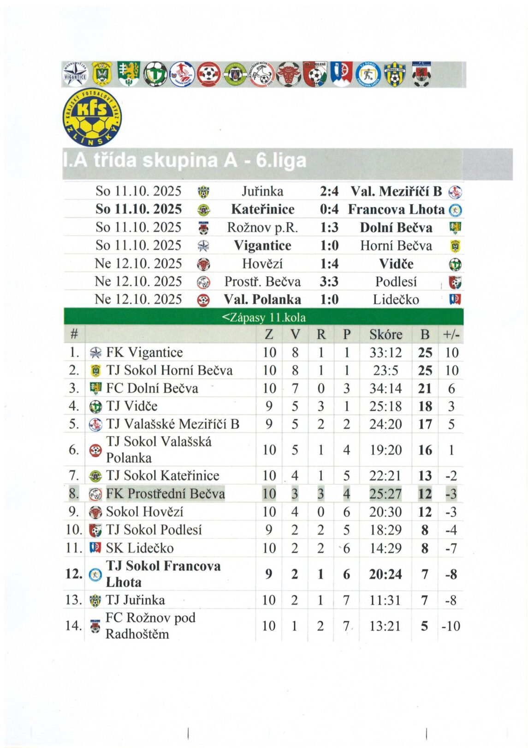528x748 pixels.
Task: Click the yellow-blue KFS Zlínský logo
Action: (x=92, y=117)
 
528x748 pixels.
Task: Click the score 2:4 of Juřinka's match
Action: (x=329, y=191)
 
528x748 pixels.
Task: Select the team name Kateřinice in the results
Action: (x=262, y=209)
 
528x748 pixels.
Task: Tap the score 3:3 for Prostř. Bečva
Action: (x=329, y=282)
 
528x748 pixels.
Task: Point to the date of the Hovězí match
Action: (x=138, y=264)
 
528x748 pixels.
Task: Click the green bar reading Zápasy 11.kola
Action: (x=263, y=317)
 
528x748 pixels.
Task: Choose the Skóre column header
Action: (x=386, y=334)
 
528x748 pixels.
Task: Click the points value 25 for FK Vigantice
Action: (x=425, y=353)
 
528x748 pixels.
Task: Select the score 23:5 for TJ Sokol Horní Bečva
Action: (x=385, y=371)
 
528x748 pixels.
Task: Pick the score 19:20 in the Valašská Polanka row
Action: (x=385, y=450)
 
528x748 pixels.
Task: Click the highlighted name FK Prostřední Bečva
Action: (x=165, y=494)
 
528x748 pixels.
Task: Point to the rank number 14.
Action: (x=74, y=626)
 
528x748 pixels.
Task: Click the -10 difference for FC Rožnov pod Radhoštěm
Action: (x=451, y=626)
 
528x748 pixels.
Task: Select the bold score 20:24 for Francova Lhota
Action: (x=385, y=574)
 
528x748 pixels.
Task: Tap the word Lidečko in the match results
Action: (x=396, y=300)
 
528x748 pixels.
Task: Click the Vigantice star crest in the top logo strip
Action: (x=75, y=74)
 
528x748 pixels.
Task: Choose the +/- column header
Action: (x=451, y=334)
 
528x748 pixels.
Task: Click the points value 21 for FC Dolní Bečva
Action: (x=425, y=389)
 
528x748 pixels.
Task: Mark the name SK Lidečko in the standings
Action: (x=140, y=548)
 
